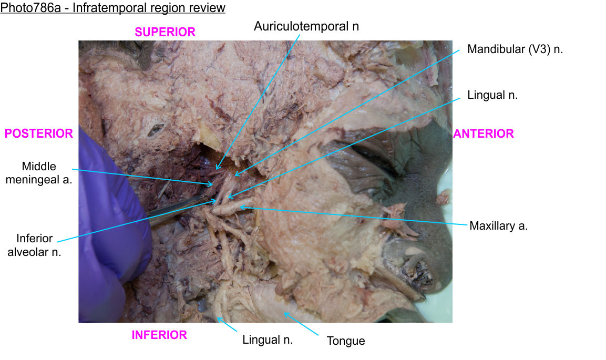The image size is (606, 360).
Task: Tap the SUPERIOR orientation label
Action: click(x=165, y=32)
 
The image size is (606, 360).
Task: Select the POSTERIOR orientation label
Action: click(x=38, y=133)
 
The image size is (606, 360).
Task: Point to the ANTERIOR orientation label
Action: click(x=483, y=133)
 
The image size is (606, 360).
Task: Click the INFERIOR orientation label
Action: click(x=159, y=335)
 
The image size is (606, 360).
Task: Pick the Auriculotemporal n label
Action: click(x=306, y=26)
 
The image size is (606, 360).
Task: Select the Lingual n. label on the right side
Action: click(x=492, y=95)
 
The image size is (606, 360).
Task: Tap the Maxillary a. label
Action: click(x=498, y=226)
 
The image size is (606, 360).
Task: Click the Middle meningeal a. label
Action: click(x=46, y=173)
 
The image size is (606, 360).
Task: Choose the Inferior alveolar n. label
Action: click(x=34, y=245)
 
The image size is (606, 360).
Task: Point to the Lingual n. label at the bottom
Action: click(x=268, y=340)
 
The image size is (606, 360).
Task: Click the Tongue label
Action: click(x=345, y=341)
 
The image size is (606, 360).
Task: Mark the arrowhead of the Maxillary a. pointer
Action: click(x=241, y=208)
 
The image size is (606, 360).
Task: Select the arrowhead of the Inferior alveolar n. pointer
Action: click(x=216, y=200)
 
